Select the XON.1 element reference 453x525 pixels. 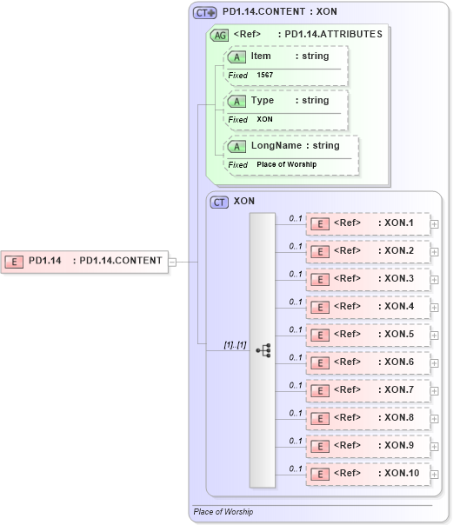click(x=368, y=223)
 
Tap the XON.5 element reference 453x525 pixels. click(x=368, y=335)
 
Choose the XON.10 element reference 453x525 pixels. click(x=368, y=474)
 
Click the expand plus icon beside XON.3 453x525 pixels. click(x=435, y=279)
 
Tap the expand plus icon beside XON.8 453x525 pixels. click(x=435, y=418)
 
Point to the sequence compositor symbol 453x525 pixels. click(x=263, y=349)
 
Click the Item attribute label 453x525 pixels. click(x=261, y=56)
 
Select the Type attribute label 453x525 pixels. click(x=262, y=100)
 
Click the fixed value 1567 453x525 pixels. click(x=265, y=76)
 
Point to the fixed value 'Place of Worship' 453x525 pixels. click(x=286, y=164)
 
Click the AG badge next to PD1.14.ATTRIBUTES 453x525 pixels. click(x=219, y=36)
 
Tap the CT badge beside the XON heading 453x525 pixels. click(x=220, y=202)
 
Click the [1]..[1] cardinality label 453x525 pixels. click(x=235, y=344)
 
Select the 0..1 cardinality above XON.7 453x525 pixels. click(x=295, y=385)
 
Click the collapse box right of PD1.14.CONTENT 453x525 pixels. click(x=172, y=261)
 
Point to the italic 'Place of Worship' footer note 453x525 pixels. click(x=223, y=512)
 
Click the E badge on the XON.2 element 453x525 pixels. click(x=319, y=251)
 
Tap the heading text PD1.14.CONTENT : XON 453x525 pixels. click(x=280, y=12)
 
